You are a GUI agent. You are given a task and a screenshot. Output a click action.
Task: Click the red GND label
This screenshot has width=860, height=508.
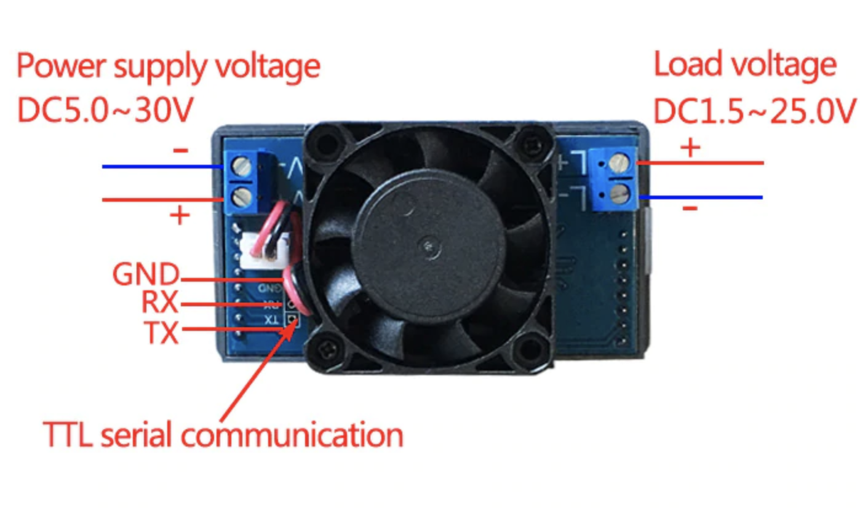click(146, 274)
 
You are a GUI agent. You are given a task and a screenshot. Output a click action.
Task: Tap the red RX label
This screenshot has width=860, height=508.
click(159, 303)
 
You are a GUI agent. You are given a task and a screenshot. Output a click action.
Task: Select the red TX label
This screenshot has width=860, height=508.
click(161, 332)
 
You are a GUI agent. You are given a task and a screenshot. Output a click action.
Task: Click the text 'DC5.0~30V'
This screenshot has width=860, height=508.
click(105, 111)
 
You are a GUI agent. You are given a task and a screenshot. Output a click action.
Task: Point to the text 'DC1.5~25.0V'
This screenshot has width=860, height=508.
click(754, 112)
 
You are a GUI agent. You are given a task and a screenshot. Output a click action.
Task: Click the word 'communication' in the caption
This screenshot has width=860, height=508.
click(292, 435)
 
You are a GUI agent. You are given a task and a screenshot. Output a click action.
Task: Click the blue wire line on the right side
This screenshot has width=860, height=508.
click(701, 197)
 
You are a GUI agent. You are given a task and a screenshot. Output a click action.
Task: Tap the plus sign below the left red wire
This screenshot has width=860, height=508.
click(180, 216)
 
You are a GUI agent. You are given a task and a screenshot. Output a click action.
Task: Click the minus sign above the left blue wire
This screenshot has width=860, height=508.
click(181, 149)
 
